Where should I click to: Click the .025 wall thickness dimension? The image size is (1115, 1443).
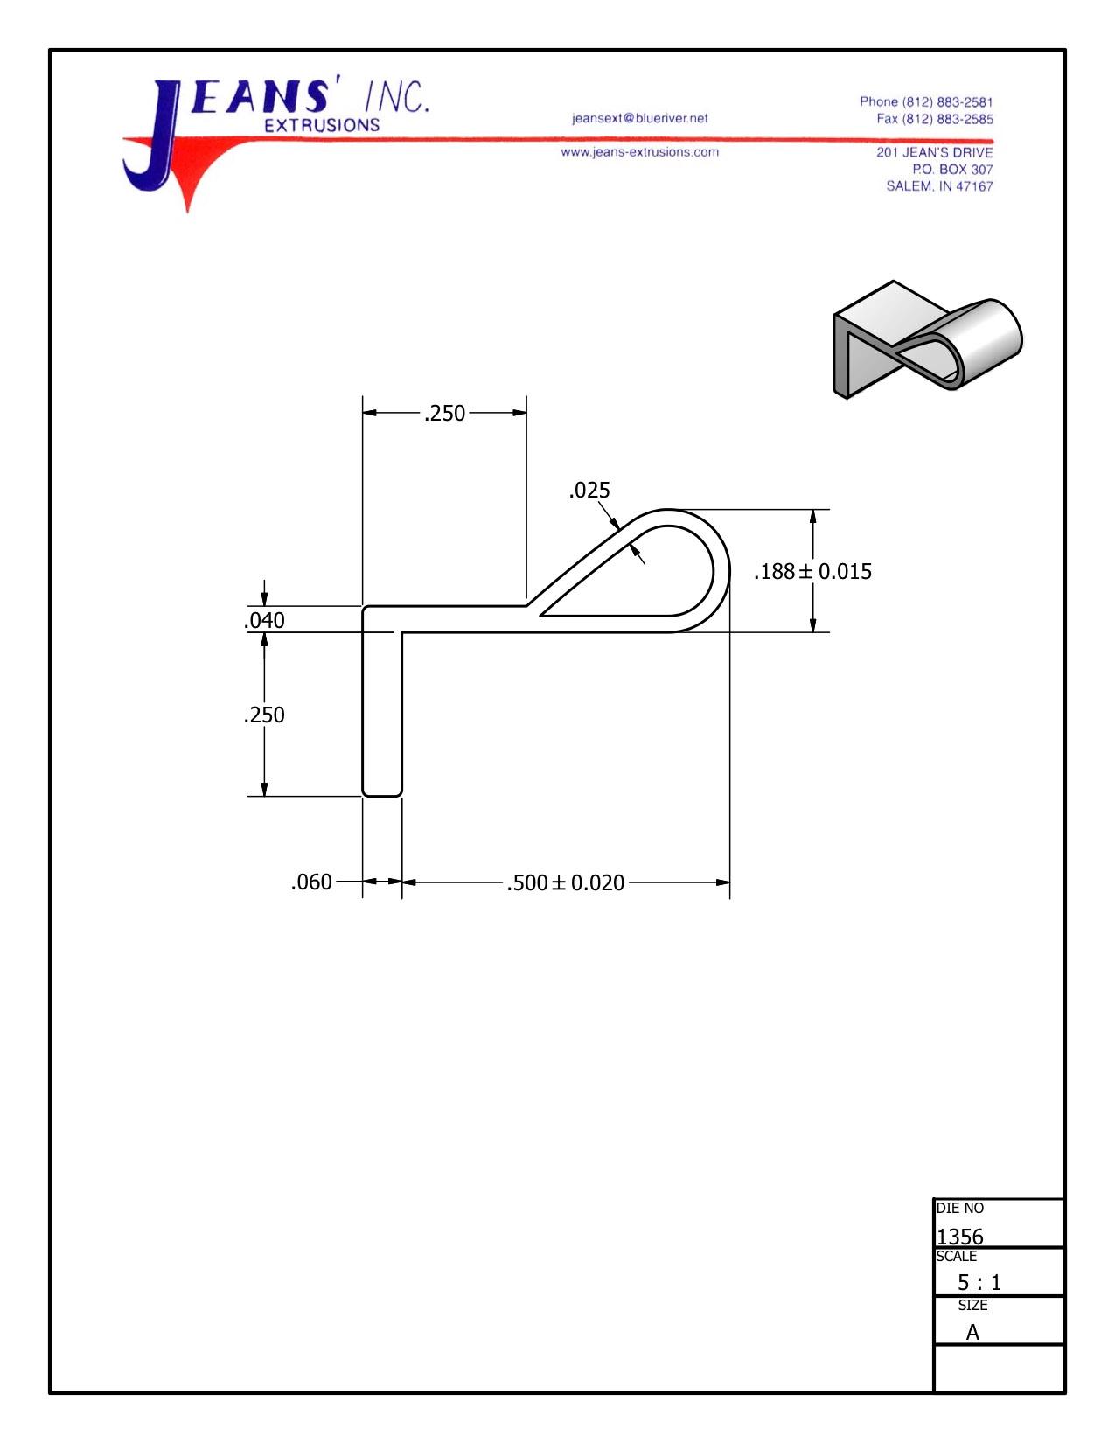coord(589,491)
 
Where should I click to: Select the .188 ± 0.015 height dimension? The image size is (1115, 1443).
coord(812,572)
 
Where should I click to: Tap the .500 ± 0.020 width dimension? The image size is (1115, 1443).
coord(565,882)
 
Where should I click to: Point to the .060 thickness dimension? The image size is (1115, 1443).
coord(311,882)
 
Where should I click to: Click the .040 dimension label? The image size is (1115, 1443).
coord(264,621)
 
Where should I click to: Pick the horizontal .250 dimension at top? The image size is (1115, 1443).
coord(444,413)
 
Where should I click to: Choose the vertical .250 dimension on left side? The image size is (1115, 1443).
coord(264,715)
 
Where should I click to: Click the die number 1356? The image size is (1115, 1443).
coord(959,1237)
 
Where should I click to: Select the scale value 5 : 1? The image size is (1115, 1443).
coord(979,1283)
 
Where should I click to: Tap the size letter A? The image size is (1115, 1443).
coord(972,1333)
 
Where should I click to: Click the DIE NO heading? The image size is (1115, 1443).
coord(959,1209)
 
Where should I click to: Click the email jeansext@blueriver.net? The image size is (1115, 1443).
coord(639,118)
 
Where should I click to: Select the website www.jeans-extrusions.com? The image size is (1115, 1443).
coord(639,152)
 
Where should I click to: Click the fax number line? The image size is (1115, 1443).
coord(934,119)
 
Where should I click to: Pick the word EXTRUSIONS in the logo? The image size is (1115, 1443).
coord(322,126)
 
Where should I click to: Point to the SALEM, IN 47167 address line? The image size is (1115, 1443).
coord(939,186)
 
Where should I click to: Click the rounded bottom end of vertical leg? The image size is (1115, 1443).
coord(382,792)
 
